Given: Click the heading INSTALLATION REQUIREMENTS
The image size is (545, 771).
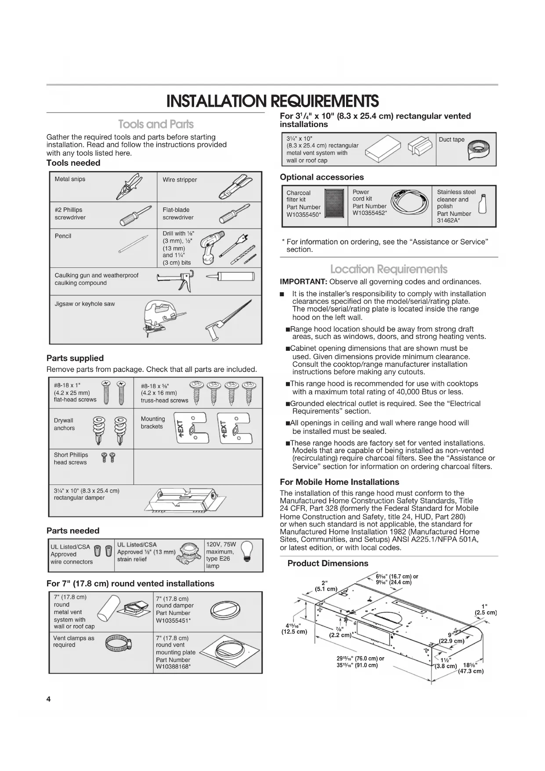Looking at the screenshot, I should click(x=272, y=102).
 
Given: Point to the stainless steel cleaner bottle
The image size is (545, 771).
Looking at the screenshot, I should click(x=483, y=203).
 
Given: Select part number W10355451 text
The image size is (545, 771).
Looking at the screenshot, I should click(x=173, y=620).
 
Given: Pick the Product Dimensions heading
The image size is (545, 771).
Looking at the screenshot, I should click(x=328, y=564).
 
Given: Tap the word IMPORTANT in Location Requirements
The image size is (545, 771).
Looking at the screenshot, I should click(x=303, y=282).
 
